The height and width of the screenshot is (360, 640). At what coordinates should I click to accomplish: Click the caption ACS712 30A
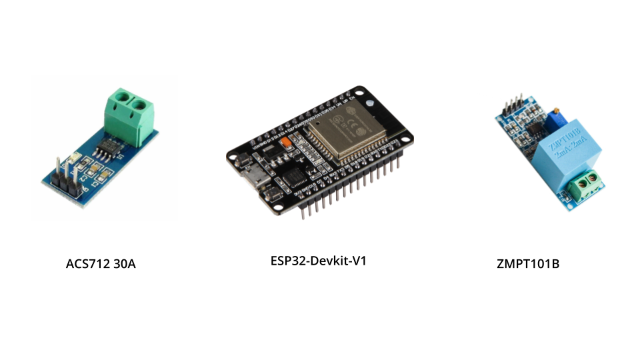pyautogui.click(x=101, y=263)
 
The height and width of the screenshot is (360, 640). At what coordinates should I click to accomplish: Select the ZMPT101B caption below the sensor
pyautogui.click(x=527, y=263)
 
